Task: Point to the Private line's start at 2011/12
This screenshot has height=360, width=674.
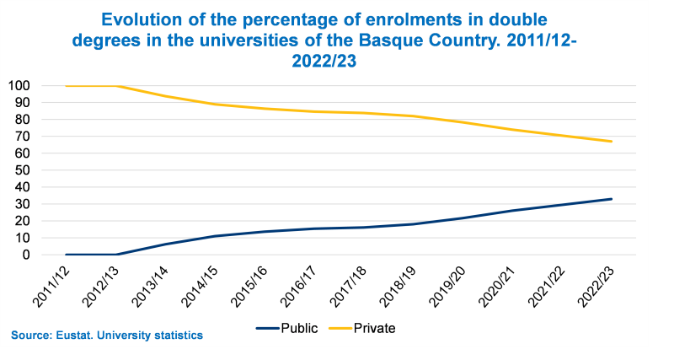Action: [x=66, y=86]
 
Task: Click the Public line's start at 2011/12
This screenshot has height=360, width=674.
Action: [x=66, y=255]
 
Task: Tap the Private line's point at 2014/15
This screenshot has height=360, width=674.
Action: [x=221, y=105]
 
